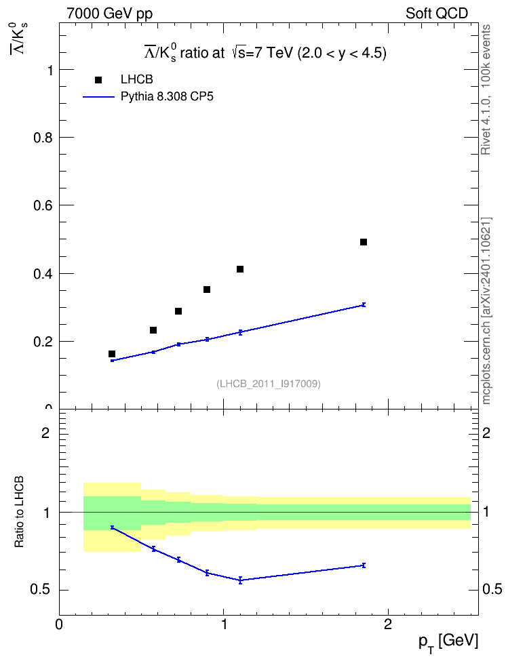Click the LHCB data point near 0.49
364,242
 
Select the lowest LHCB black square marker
112,354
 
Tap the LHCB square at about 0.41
240,269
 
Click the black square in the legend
98,80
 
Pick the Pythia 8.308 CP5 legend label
167,97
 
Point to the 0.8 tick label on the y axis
43,138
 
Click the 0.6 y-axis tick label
43,205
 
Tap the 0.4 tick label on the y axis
43,274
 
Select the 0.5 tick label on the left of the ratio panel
41,590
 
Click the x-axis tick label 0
59,624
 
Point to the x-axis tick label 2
388,624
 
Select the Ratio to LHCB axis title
19,512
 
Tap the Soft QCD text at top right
437,14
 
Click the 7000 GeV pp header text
110,14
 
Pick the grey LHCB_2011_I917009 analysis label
269,384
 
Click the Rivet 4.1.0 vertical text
486,90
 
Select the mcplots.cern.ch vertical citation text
486,311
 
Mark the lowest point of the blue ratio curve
240,580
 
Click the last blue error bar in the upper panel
364,304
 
